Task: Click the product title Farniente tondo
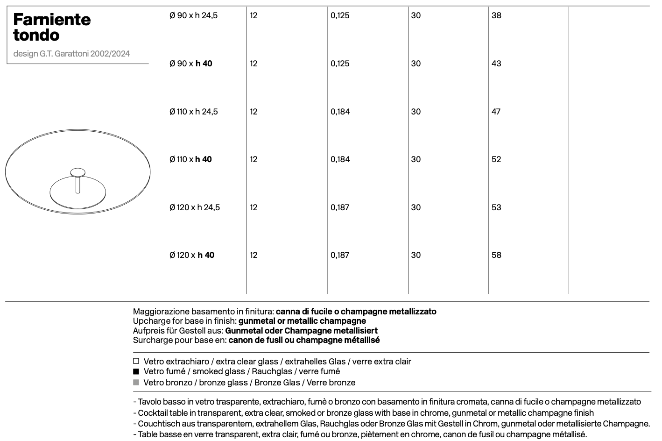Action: click(51, 27)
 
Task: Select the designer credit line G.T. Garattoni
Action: click(71, 54)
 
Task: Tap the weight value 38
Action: click(496, 15)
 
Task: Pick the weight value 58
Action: click(496, 255)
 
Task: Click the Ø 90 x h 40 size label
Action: click(190, 64)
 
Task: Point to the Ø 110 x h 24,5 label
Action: click(193, 112)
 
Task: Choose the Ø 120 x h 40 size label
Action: click(191, 255)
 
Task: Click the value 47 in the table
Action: click(496, 112)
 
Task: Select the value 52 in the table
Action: click(496, 159)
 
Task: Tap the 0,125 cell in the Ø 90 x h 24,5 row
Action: click(340, 15)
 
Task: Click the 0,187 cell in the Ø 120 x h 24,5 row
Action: click(340, 207)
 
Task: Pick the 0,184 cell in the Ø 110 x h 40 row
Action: click(340, 159)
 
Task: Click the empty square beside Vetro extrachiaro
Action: click(136, 361)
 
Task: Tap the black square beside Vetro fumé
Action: click(136, 372)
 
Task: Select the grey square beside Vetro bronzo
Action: click(136, 382)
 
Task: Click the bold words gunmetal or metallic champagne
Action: click(302, 321)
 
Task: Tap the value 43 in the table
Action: click(496, 64)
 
